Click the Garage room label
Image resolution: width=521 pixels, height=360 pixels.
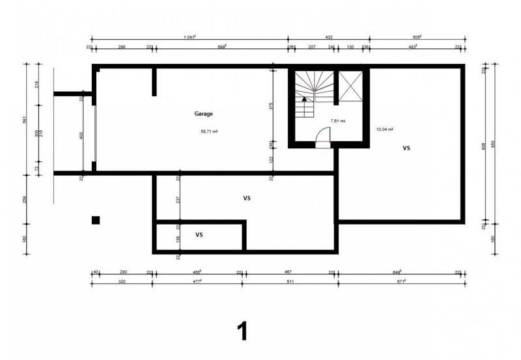click(x=203, y=113)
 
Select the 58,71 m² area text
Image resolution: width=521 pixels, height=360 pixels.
click(x=209, y=131)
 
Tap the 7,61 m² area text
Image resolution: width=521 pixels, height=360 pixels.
click(x=337, y=121)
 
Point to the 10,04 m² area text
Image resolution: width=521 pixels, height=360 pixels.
click(x=384, y=130)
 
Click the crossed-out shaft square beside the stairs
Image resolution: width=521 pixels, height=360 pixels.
click(x=351, y=86)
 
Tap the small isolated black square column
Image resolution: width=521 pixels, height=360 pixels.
click(x=96, y=220)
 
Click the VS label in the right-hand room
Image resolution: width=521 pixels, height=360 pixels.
click(x=406, y=148)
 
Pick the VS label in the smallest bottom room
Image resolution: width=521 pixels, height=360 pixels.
click(x=199, y=234)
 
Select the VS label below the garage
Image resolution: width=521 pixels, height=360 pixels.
click(x=247, y=198)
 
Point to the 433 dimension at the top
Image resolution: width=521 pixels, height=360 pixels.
click(x=329, y=37)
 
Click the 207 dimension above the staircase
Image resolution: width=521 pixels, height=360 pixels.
click(x=312, y=47)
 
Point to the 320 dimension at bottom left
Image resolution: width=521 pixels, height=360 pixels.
click(x=122, y=283)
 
